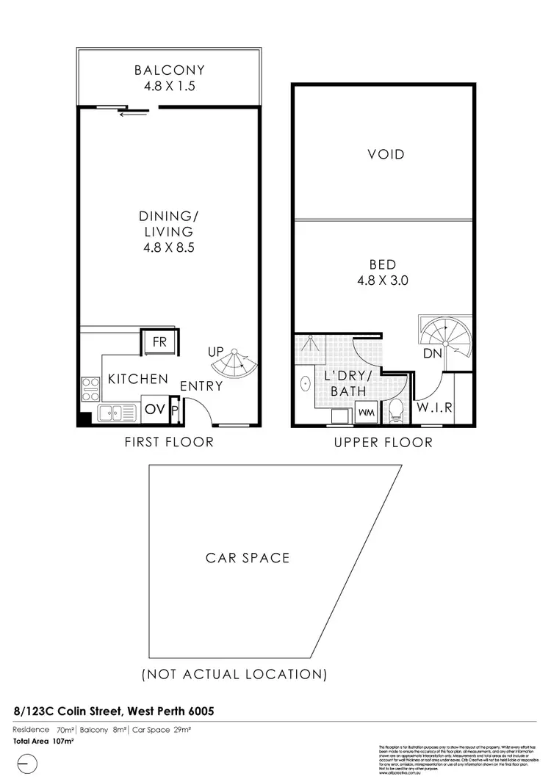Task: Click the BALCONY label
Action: [169, 70]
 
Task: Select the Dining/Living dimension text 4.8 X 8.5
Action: [169, 247]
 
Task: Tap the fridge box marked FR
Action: [159, 341]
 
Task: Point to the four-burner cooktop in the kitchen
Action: [90, 388]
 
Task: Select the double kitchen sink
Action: [114, 413]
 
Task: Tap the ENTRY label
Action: [201, 386]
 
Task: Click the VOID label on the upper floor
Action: [386, 154]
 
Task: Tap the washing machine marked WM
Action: [364, 413]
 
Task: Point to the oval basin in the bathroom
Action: [305, 383]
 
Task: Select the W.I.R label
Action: [434, 407]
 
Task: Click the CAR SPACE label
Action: [248, 557]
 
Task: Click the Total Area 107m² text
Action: [43, 742]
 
